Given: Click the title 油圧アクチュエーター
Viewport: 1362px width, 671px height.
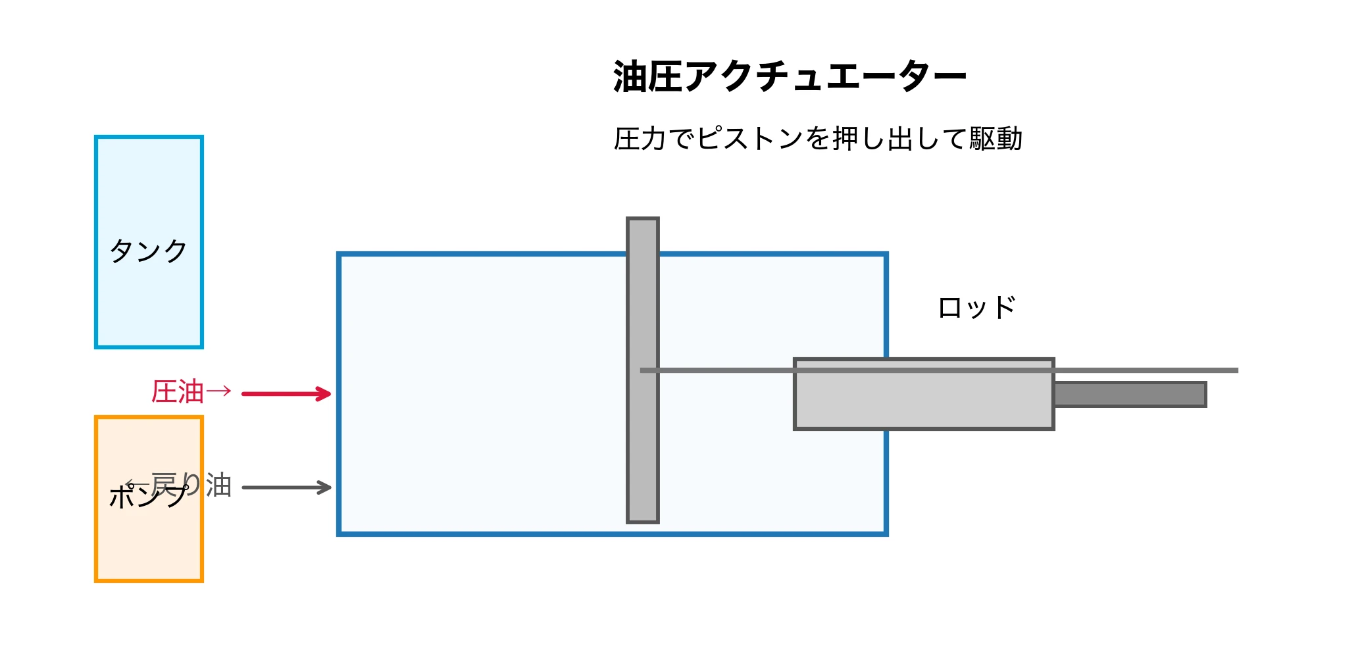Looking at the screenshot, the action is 790,76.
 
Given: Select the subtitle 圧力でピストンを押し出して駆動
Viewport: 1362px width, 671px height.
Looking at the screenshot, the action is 817,139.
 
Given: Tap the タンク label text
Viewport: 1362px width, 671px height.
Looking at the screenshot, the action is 149,251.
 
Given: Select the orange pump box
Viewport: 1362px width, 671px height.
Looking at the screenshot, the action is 149,546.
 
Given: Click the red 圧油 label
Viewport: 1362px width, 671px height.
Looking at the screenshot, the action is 178,392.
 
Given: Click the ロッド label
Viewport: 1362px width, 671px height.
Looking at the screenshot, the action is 977,308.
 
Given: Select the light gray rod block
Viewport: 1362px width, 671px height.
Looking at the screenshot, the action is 924,401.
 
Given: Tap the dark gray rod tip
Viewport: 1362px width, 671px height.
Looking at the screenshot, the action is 1130,394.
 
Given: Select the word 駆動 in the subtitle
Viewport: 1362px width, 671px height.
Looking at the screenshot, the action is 996,139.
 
